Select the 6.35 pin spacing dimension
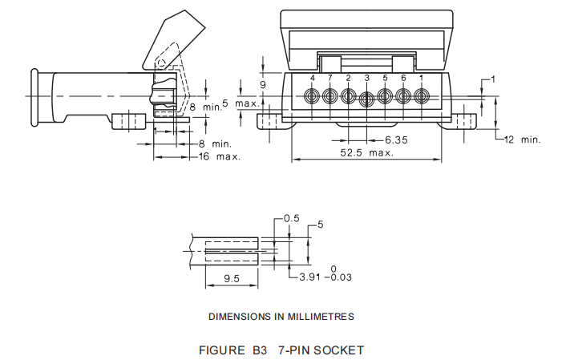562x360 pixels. pos(396,140)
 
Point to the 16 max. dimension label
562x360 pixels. pos(220,156)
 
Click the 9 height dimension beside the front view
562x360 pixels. pos(262,83)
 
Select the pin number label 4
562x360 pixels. pos(313,78)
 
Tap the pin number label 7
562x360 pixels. pos(330,78)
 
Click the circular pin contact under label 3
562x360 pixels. pos(366,99)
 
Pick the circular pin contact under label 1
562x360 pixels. pos(421,97)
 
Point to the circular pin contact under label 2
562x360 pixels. pos(349,97)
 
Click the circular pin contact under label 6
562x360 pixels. pos(403,97)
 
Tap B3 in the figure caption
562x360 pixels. pos(259,350)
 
